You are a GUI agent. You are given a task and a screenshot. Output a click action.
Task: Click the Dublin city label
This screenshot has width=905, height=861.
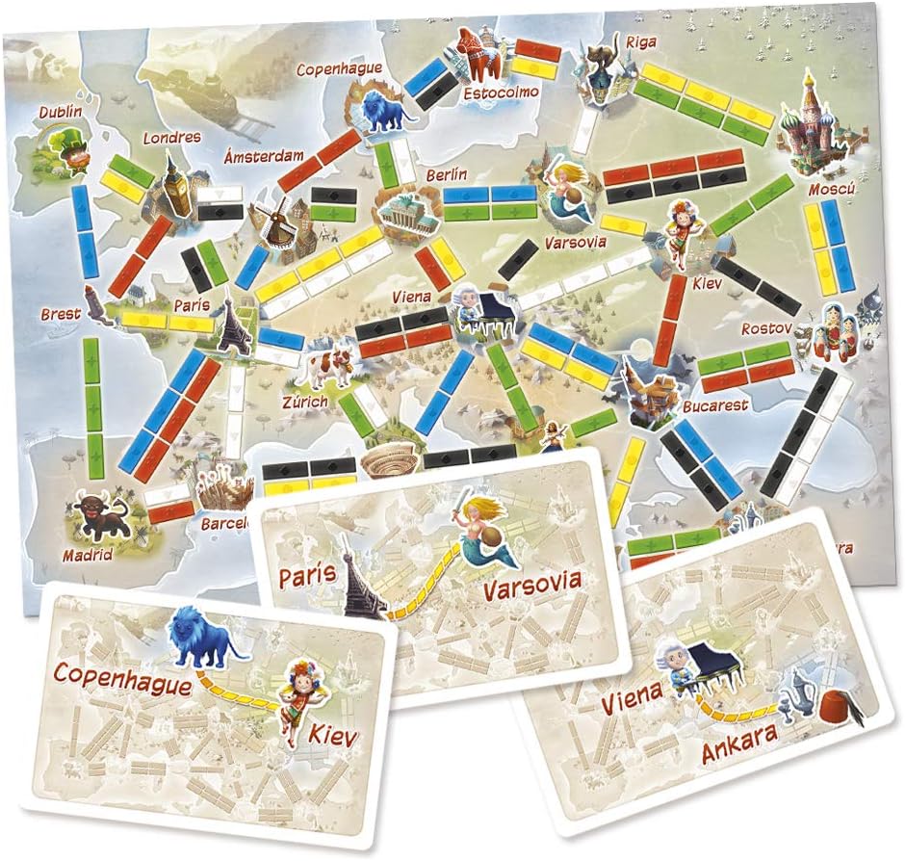coord(61,112)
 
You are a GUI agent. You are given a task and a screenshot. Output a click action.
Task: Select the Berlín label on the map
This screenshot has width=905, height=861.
coord(447,174)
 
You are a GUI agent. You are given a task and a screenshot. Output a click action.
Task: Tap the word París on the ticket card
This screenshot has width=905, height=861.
coord(307,576)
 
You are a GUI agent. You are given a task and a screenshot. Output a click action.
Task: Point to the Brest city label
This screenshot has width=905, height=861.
coord(60,314)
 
